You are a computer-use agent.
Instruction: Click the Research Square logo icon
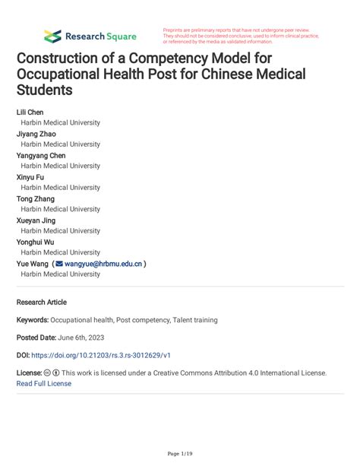[x=52, y=36]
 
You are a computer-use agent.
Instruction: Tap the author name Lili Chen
[x=30, y=113]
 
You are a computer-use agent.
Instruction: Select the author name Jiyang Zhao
[x=36, y=134]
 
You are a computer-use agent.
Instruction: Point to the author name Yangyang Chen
[x=41, y=156]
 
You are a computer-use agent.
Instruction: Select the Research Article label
[x=42, y=302]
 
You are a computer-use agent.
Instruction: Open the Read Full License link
[x=43, y=384]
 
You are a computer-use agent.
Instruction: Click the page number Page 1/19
[x=179, y=453]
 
